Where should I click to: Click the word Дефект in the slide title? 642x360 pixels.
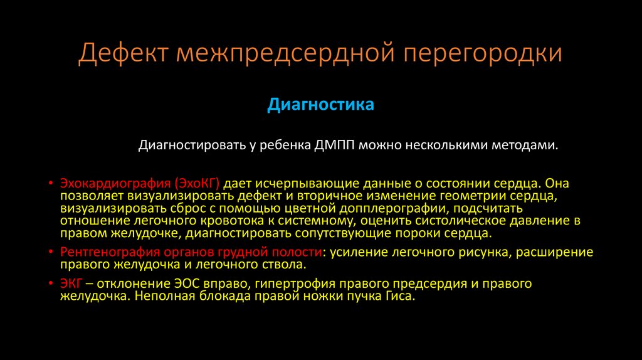point(122,54)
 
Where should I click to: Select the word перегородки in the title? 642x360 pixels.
point(482,54)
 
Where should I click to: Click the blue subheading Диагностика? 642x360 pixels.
point(320,104)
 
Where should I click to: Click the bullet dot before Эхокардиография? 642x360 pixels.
point(51,184)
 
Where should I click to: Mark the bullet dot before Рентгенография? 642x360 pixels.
point(51,252)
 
